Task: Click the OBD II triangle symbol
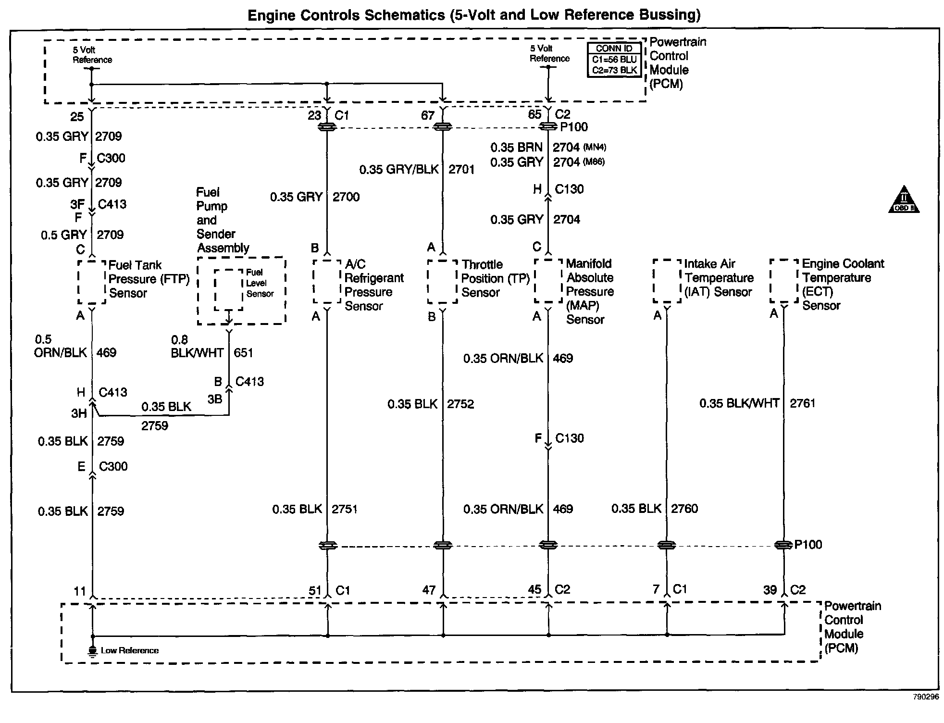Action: [x=904, y=200]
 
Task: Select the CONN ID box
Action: [x=614, y=60]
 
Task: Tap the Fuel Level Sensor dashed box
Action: [x=228, y=289]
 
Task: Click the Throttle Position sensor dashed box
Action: [x=442, y=282]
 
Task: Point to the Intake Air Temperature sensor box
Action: [x=667, y=281]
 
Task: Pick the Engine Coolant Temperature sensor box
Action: [x=784, y=281]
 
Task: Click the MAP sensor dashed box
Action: [x=548, y=281]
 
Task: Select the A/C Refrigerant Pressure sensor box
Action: [x=327, y=282]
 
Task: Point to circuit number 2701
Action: [x=461, y=169]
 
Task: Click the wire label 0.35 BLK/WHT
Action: [x=739, y=403]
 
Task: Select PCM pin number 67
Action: [x=427, y=115]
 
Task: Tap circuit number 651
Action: [x=243, y=353]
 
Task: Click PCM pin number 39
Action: [x=770, y=590]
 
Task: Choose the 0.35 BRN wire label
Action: [x=516, y=147]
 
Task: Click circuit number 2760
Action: [x=684, y=509]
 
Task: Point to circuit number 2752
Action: [x=460, y=404]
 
